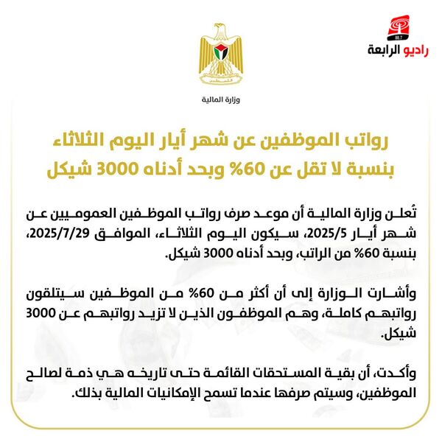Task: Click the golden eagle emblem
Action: coord(221,55)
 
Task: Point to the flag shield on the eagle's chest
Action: coord(221,53)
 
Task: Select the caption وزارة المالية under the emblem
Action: coord(221,99)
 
